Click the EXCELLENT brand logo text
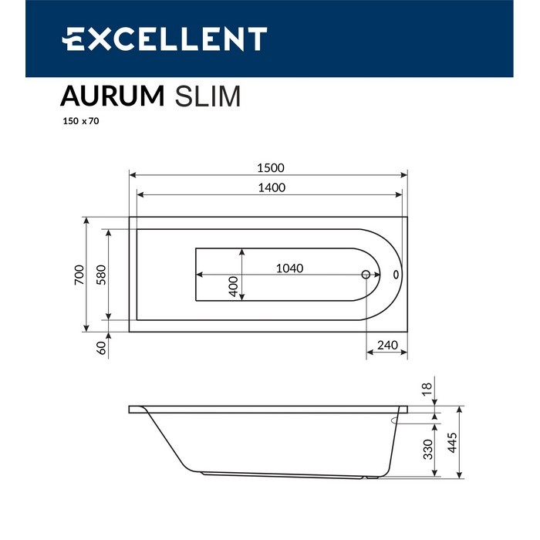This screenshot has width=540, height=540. (164, 39)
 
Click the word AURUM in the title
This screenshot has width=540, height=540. (113, 96)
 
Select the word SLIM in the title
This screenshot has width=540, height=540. (208, 96)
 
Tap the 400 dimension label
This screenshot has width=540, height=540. (233, 286)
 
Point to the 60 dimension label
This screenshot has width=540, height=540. (100, 348)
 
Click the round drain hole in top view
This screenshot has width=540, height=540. (366, 275)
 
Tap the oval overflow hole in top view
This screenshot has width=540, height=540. (396, 275)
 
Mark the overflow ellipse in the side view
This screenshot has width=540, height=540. (404, 420)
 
